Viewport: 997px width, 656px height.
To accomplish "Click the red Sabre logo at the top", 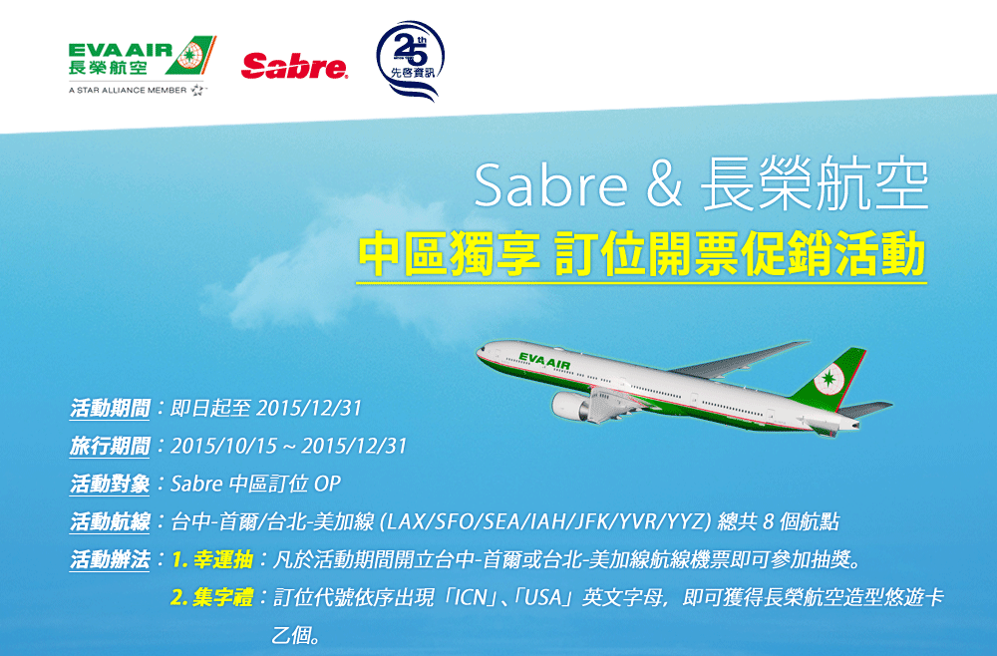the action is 294,66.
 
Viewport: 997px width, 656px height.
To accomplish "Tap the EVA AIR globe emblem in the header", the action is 190,55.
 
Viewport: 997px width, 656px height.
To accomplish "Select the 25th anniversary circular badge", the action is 410,61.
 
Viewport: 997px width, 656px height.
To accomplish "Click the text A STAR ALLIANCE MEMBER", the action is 128,91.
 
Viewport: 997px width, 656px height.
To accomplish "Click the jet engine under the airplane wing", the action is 571,406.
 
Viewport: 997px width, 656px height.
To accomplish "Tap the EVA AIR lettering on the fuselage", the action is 544,361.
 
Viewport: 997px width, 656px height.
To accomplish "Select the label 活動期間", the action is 110,408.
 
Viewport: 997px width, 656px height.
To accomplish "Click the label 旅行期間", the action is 110,447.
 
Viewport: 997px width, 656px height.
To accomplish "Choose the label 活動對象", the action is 110,484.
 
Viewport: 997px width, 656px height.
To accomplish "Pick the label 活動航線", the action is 110,521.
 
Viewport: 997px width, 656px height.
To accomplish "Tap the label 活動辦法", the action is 110,560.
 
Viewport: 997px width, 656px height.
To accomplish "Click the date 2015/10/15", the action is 223,447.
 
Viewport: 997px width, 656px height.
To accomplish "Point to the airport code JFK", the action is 590,521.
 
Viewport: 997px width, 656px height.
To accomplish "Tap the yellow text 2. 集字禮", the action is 212,597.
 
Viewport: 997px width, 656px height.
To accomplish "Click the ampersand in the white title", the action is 664,185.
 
